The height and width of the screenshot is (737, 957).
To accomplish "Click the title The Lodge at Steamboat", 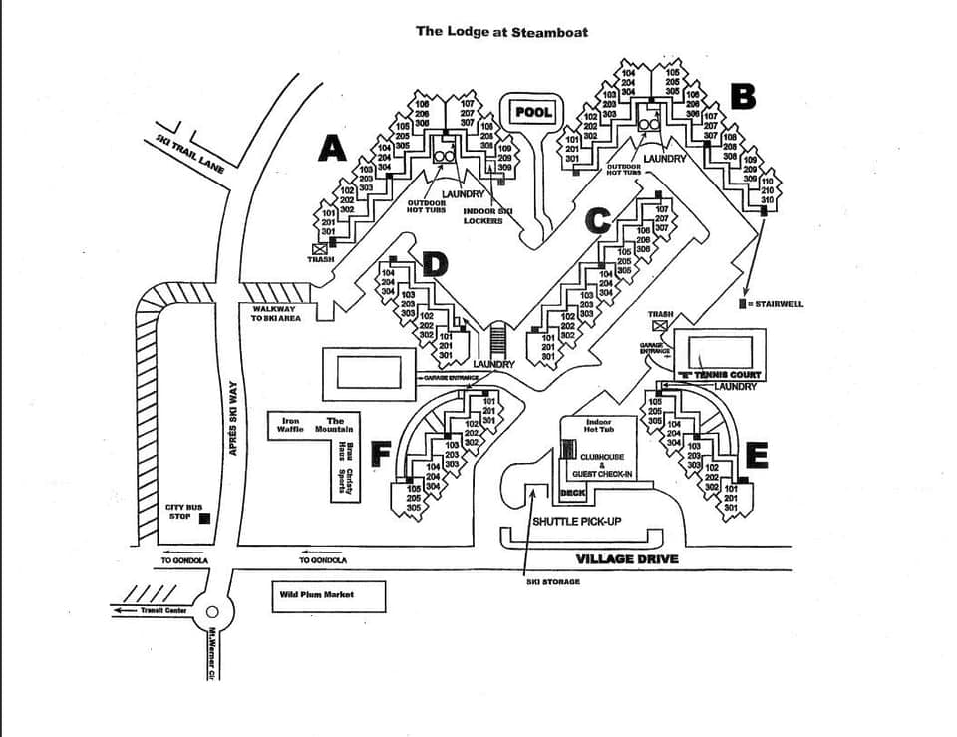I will (501, 31).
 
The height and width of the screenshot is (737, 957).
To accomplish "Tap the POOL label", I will (533, 112).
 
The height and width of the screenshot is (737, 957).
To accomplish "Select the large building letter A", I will (332, 149).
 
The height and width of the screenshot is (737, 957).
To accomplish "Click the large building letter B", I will (743, 97).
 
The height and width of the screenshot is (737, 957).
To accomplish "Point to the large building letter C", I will (596, 217).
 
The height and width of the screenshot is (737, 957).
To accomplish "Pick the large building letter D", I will (435, 264).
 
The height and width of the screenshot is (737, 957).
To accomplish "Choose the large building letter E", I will (757, 455).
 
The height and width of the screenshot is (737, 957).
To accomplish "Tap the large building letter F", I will (380, 455).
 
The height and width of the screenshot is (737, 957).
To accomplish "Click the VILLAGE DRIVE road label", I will (627, 559).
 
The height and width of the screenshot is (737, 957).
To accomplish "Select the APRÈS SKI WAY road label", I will (232, 418).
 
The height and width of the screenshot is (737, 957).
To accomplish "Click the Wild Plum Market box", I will (315, 595).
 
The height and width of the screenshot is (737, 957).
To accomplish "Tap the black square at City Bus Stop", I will (204, 518).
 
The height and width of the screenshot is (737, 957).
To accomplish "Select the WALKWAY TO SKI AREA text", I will (276, 313).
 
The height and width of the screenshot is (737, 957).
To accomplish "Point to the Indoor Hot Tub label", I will (600, 427).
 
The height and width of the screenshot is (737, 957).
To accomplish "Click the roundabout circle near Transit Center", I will (211, 612).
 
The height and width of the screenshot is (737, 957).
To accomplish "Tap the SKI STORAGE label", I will (552, 581).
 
